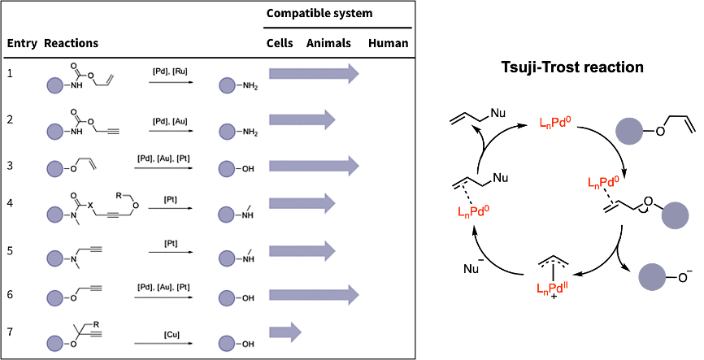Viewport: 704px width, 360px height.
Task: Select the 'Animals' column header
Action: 328,43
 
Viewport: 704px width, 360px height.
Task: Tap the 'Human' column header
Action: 388,43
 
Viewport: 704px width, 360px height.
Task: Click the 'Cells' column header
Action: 280,43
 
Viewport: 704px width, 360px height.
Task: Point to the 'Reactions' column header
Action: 72,43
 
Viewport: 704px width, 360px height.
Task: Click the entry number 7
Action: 11,332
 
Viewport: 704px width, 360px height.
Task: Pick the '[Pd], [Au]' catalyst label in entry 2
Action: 170,121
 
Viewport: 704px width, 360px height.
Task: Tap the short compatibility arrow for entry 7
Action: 285,332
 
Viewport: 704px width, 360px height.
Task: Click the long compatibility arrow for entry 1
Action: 313,74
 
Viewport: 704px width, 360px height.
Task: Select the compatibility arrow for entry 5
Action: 302,247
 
